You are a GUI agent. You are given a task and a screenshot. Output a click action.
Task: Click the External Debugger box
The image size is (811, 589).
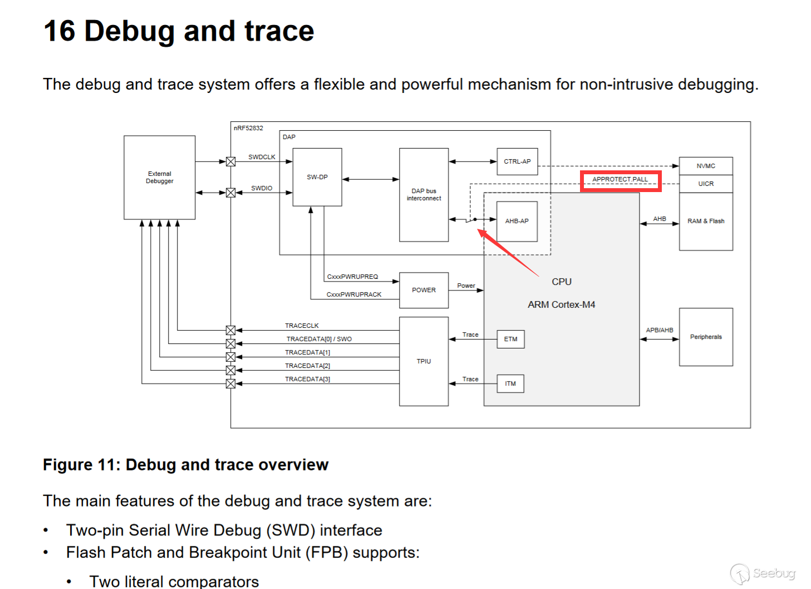tap(159, 178)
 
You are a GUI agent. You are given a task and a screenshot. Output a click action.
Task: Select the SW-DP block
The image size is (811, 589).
tap(317, 177)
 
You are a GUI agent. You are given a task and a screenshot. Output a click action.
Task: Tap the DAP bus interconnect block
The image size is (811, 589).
tap(424, 195)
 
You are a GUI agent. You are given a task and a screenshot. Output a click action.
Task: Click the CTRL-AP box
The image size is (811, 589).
tap(517, 161)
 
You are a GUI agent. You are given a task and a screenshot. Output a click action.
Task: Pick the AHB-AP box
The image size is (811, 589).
tap(517, 221)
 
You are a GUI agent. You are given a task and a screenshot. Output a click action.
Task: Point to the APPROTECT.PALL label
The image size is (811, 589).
tap(620, 179)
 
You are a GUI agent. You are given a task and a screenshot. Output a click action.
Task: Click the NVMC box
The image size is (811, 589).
tap(706, 166)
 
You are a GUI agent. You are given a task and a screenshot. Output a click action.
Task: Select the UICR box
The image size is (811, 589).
tap(706, 184)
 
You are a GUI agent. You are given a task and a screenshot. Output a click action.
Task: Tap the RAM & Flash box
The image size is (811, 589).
tap(706, 221)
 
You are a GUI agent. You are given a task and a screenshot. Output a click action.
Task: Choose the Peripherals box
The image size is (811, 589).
tap(706, 337)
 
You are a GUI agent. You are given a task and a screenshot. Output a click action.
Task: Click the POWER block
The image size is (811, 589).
tap(424, 290)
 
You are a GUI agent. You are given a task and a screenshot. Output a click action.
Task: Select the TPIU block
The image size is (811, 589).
tap(424, 361)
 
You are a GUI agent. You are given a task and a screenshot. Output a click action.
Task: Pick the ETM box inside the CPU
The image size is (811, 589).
tap(510, 339)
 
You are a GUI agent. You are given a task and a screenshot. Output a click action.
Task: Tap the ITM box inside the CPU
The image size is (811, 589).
tap(510, 384)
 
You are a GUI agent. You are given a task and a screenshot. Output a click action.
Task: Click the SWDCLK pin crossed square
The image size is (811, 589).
tap(230, 161)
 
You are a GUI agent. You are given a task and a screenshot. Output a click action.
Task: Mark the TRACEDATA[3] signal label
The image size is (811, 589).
tap(307, 379)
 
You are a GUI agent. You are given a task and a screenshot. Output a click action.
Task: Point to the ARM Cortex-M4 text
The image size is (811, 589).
tap(561, 305)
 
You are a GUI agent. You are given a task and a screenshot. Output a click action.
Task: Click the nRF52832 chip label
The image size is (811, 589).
tap(248, 128)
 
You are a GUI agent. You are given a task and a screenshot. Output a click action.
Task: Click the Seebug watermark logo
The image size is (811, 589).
tap(763, 573)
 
